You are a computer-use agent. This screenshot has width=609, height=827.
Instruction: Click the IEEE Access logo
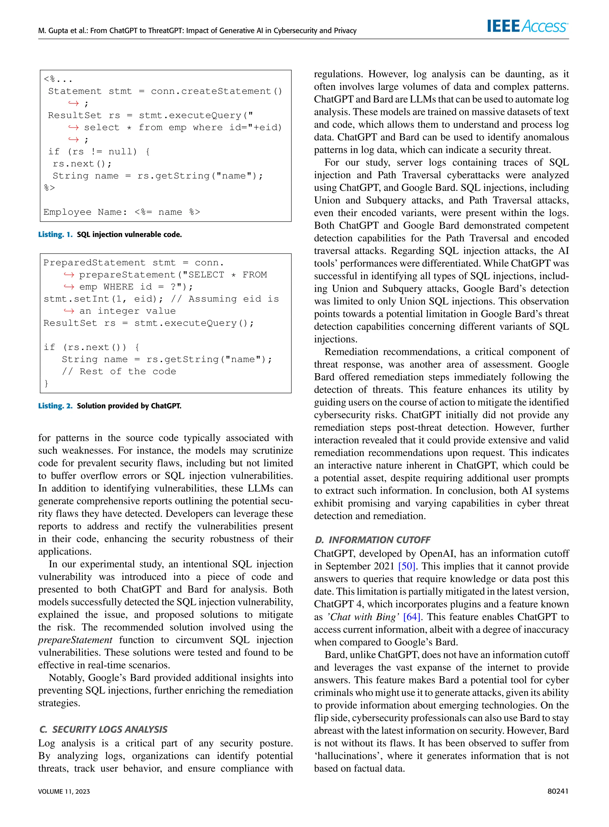click(527, 26)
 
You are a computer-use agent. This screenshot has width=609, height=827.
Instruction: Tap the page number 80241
click(558, 791)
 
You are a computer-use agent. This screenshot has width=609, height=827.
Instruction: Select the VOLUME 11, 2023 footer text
click(64, 792)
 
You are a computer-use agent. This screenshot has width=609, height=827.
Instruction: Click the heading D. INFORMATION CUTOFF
click(372, 540)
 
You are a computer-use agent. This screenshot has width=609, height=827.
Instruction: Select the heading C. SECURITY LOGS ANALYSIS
click(103, 730)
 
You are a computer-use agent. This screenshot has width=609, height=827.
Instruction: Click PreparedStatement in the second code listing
click(94, 263)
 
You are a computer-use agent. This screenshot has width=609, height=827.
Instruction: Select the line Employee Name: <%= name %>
click(122, 212)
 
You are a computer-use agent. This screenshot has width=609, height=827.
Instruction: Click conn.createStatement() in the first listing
click(216, 91)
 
